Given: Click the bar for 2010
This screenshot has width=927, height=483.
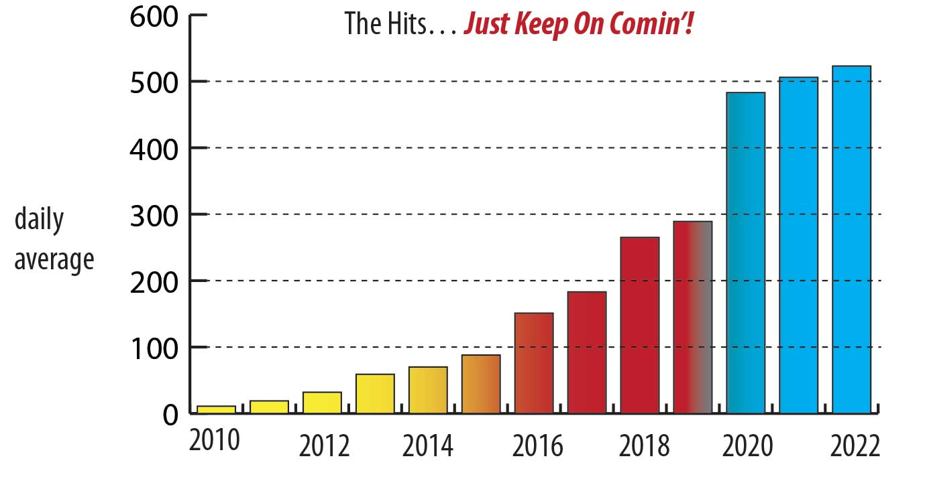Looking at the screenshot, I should tap(216, 409).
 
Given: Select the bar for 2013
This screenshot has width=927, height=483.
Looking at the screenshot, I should tap(375, 393).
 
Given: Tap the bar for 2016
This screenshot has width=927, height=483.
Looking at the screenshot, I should tap(534, 362).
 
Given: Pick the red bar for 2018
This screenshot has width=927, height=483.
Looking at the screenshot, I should tap(640, 325).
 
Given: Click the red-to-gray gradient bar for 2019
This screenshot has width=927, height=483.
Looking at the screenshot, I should tap(693, 317).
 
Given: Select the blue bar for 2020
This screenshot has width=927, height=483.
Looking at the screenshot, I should tap(746, 253).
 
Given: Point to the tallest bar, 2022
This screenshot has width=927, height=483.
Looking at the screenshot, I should tap(851, 239).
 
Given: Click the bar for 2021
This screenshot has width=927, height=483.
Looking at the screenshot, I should tap(798, 245).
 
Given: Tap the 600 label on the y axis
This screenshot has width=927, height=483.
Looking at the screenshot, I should tap(154, 15).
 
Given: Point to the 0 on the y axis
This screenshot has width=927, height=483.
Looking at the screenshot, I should tap(170, 415).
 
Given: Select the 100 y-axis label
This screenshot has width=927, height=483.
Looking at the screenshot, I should tap(154, 348).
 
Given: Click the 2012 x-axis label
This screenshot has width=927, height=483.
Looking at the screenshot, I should tap(325, 447).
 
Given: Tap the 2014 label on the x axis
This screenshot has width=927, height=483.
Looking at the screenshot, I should tap(429, 447).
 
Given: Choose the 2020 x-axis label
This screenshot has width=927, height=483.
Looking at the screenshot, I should tap(747, 447).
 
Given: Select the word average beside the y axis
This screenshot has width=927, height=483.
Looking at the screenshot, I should tap(54, 260).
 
